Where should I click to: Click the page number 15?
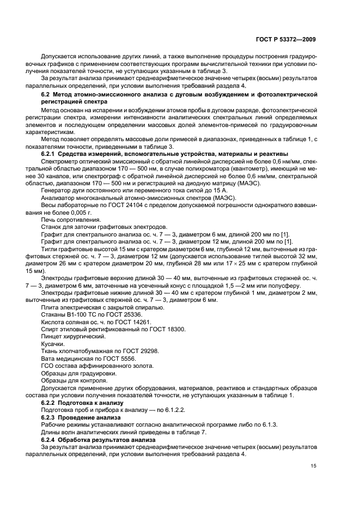pos(312,466)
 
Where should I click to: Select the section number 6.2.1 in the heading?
pos(51,153)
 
